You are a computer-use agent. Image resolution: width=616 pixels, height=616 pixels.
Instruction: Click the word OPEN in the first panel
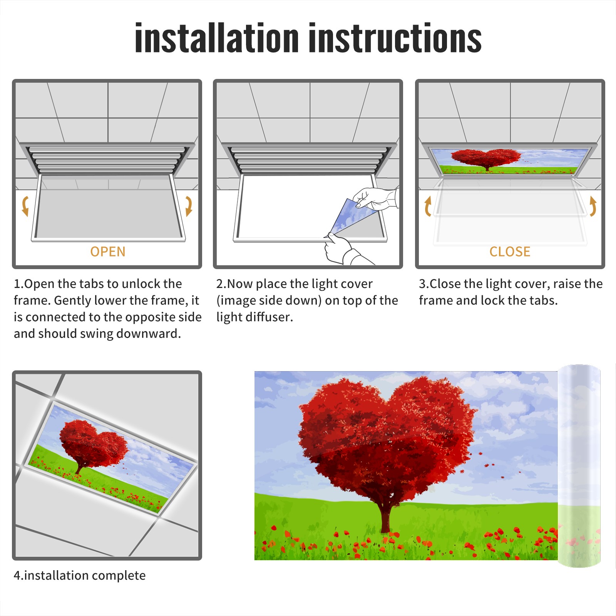108,252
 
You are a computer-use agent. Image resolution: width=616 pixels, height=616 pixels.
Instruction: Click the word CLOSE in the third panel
510,252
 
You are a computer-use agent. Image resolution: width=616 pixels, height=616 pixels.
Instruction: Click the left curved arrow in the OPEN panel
25,206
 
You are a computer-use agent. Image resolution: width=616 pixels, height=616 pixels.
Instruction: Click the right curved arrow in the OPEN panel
189,206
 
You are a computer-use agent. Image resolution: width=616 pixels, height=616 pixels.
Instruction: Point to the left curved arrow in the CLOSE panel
427,206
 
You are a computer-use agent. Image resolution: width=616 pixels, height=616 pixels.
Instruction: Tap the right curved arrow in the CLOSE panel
593,206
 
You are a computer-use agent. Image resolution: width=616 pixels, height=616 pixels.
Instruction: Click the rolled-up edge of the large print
579,466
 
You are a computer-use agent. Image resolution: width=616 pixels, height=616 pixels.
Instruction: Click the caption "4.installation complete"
80,576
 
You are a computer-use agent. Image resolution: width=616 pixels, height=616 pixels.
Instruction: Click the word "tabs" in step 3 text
543,300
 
